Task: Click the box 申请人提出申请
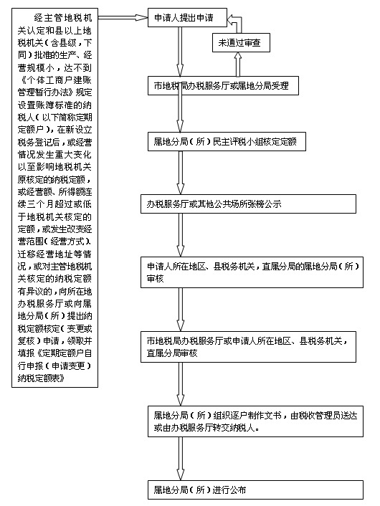[x=187, y=17]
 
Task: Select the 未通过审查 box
[x=241, y=42]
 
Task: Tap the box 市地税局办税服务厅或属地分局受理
[x=223, y=86]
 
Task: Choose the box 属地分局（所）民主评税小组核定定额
[x=227, y=141]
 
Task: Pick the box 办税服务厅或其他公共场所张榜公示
[x=248, y=204]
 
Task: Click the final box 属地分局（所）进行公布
[x=255, y=490]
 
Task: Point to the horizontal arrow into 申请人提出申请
[x=123, y=17]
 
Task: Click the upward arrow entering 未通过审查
[x=237, y=65]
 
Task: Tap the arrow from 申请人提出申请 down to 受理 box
[x=180, y=52]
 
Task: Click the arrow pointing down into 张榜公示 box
[x=180, y=173]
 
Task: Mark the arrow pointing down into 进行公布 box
[x=180, y=459]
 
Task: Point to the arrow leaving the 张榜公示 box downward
[x=180, y=235]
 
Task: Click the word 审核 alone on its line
[x=156, y=279]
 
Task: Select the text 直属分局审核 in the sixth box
[x=172, y=353]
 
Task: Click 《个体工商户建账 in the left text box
[x=55, y=80]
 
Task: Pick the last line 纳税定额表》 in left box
[x=42, y=378]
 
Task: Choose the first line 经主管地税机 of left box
[x=63, y=18]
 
